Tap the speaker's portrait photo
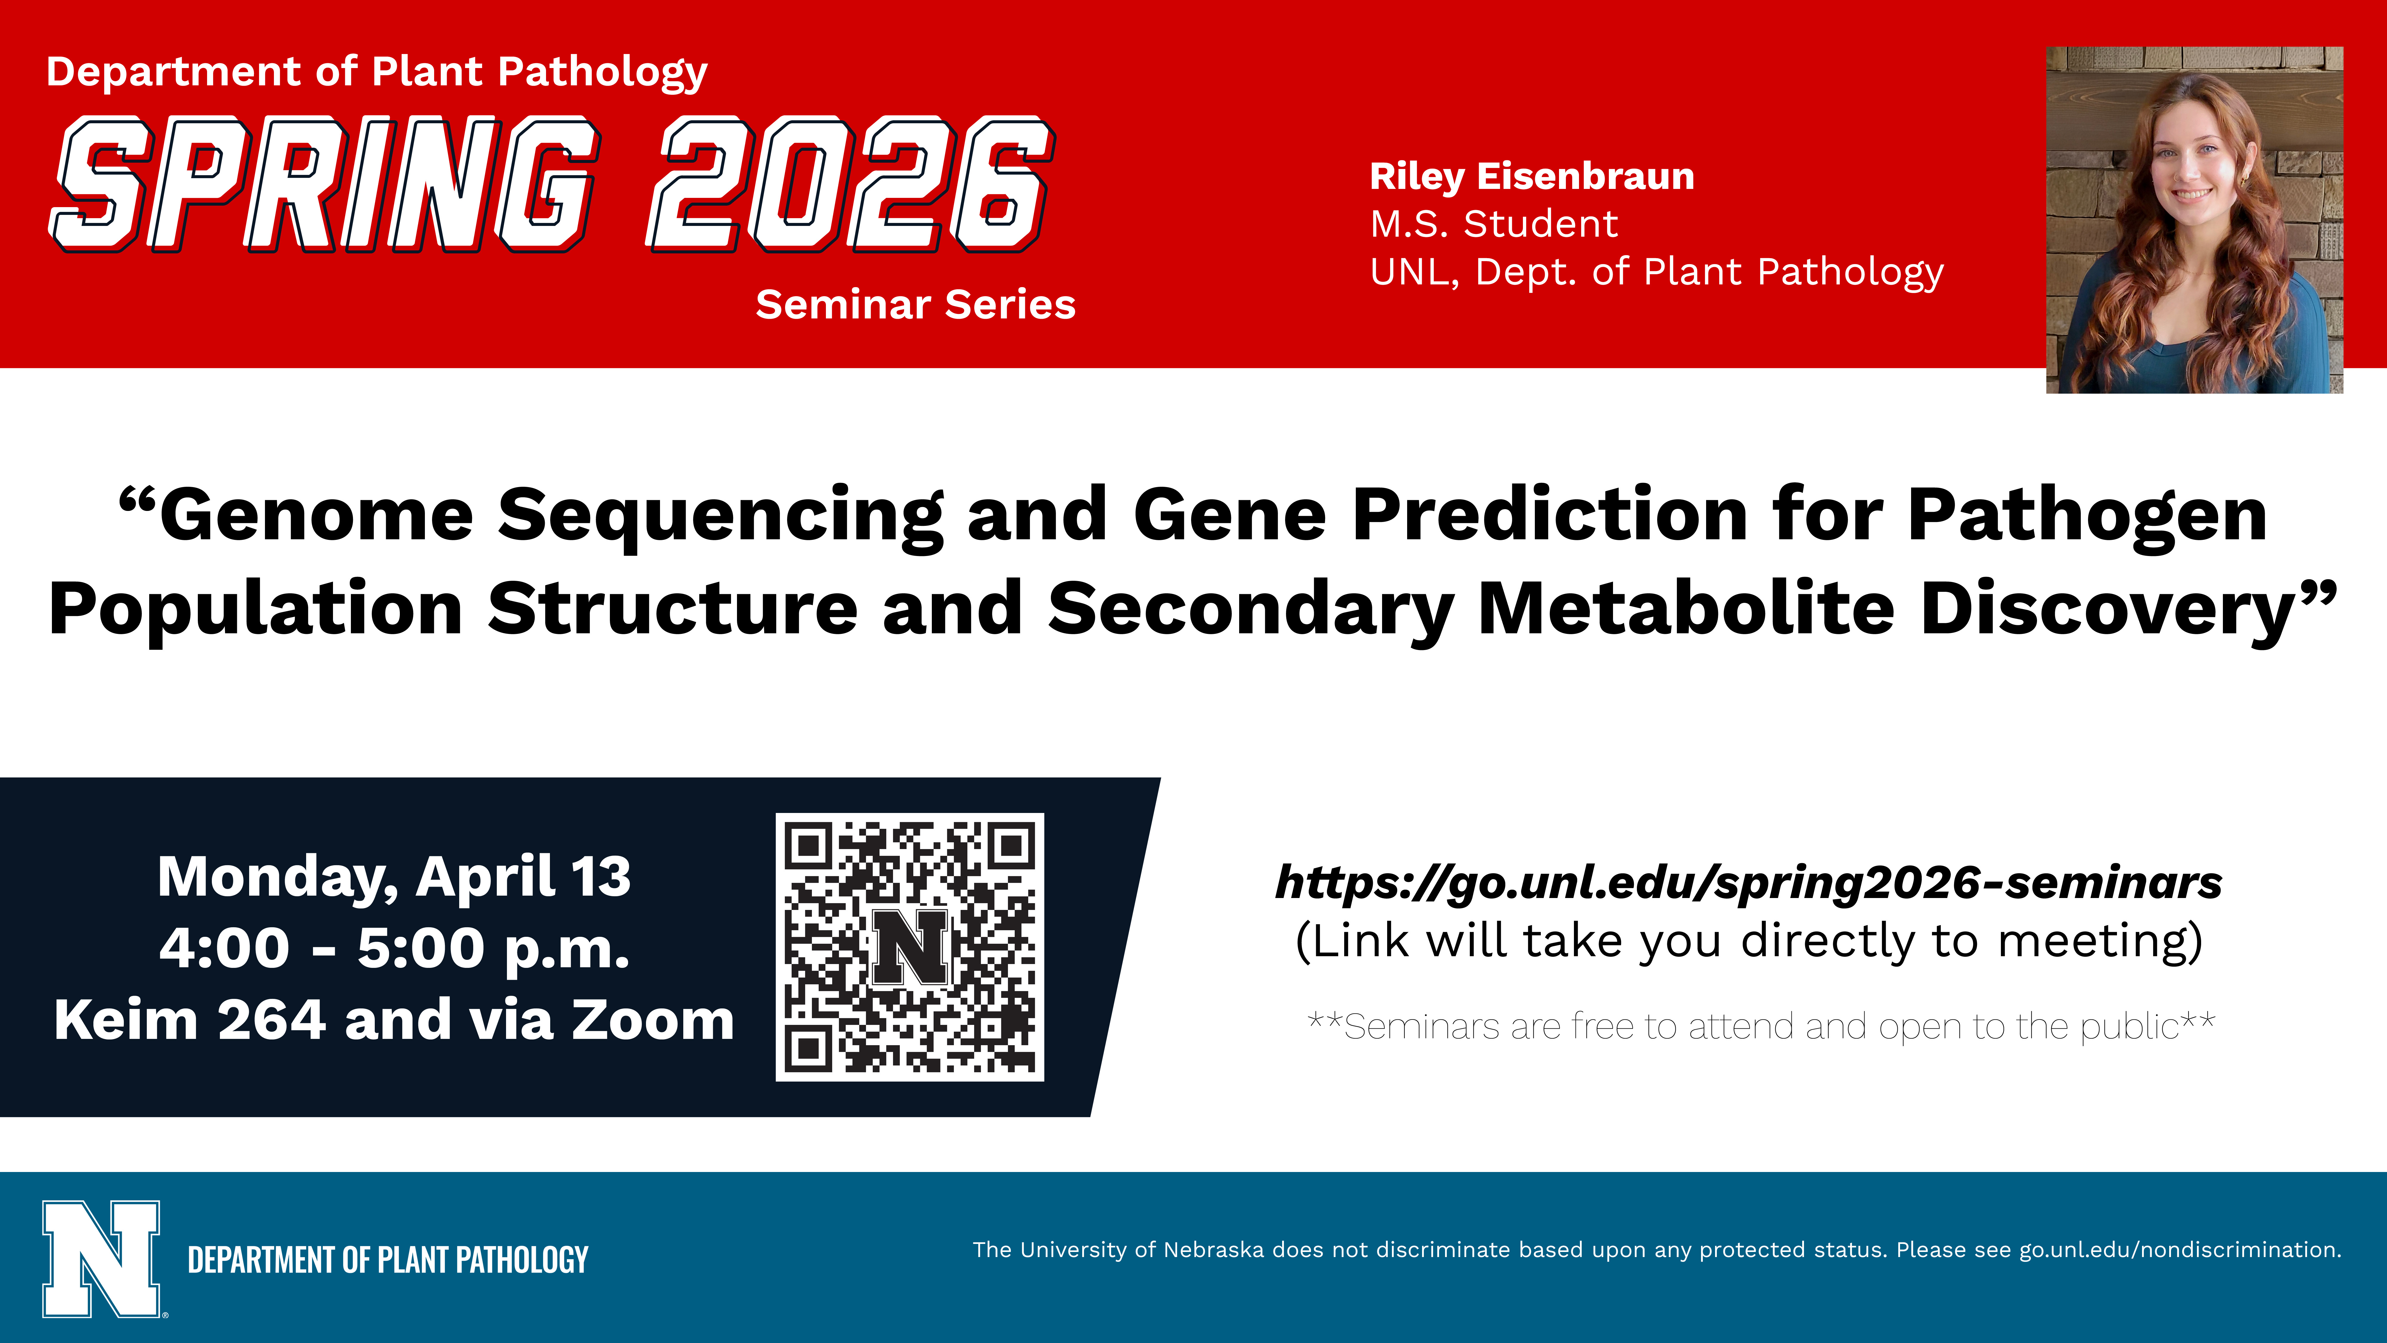(x=2194, y=220)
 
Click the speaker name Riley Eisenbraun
(x=1532, y=176)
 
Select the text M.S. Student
(x=1494, y=224)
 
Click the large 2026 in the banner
(x=851, y=184)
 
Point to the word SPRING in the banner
(x=324, y=184)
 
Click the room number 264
(x=272, y=1019)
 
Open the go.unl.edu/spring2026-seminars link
(x=1748, y=883)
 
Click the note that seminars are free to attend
(x=1761, y=1026)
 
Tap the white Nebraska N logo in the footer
(x=102, y=1259)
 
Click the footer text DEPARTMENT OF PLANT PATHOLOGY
(x=387, y=1259)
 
